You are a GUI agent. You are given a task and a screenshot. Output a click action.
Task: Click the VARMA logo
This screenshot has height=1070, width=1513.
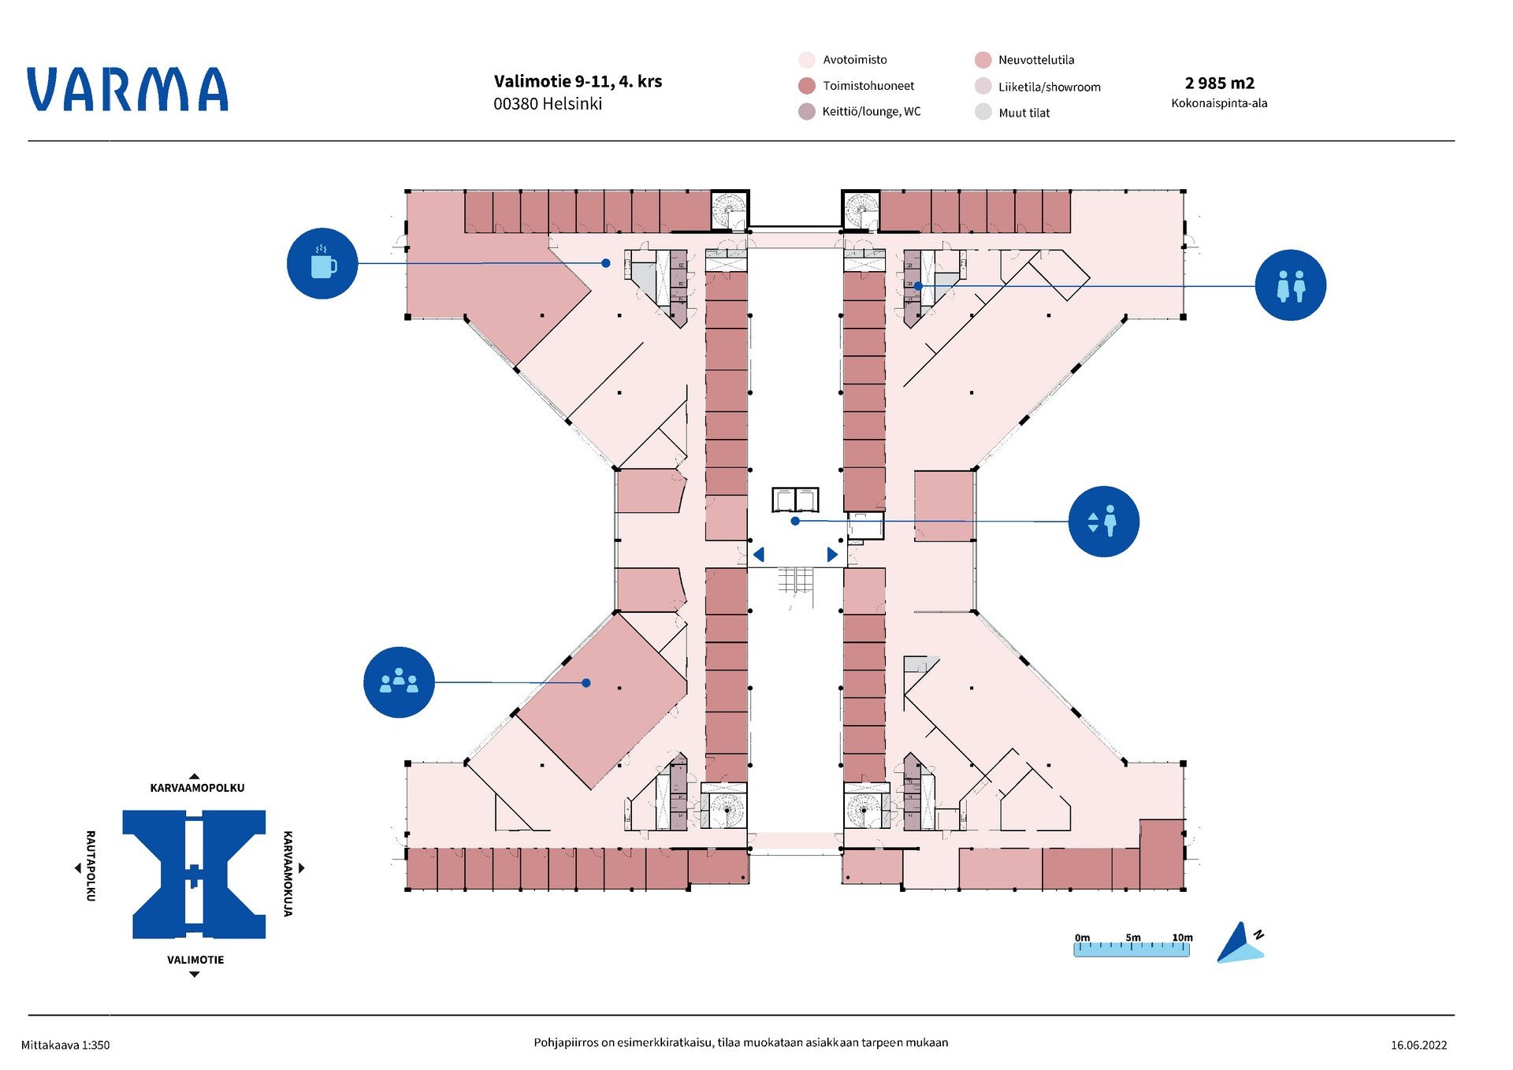128,89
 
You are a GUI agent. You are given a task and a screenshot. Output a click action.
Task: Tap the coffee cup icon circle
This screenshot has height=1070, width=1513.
322,263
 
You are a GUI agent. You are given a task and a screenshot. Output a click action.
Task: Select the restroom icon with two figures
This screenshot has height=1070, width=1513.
1290,285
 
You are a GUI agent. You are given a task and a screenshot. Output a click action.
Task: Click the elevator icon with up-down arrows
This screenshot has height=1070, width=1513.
1103,522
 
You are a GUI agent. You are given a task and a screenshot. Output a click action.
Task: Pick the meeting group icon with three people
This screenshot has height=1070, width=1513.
399,682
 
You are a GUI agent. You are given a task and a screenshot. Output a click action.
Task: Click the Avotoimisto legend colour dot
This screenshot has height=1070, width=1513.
806,60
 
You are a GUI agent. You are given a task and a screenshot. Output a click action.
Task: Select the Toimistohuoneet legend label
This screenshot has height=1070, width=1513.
868,86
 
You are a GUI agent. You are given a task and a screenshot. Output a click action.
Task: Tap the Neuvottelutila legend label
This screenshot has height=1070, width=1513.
1035,60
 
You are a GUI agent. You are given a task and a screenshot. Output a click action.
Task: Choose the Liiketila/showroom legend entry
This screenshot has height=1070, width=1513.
1049,87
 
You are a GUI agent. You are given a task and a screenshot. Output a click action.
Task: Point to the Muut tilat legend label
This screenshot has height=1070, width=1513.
1024,113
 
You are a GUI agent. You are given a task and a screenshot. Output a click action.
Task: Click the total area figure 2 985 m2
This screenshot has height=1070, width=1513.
1219,84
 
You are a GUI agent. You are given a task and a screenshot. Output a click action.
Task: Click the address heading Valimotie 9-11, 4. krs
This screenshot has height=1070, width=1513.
578,81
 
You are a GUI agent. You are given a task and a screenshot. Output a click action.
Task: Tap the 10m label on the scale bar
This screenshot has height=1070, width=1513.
1182,938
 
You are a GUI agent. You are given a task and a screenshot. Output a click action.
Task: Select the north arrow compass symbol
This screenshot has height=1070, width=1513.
1240,943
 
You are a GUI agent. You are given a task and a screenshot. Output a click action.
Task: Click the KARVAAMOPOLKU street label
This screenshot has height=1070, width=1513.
197,788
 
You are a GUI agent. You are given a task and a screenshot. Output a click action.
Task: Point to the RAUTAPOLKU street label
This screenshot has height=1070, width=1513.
91,865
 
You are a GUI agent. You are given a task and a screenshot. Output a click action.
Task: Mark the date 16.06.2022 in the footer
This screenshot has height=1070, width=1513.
1418,1045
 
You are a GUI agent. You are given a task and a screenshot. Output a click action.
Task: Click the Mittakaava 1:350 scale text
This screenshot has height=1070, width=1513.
65,1045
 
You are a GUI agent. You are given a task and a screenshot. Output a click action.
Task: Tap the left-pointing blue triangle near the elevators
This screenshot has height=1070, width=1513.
759,555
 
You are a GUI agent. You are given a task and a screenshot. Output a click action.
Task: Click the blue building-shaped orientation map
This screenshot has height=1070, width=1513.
195,874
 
